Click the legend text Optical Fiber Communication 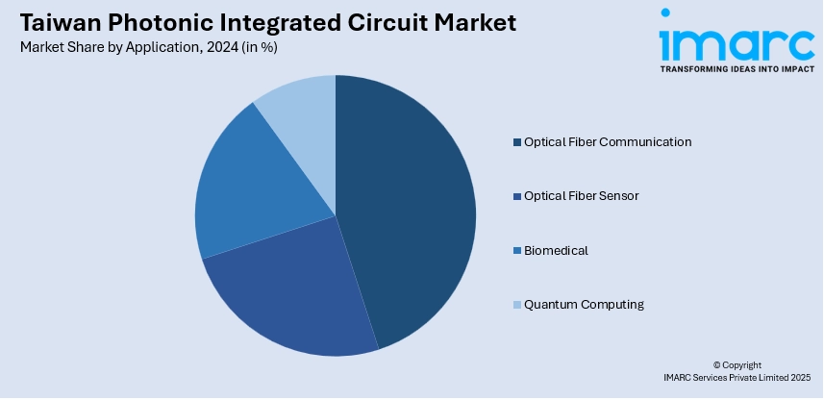coord(608,142)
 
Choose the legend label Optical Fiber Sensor coord(581,196)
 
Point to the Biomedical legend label coord(556,251)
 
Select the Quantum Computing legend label coord(584,305)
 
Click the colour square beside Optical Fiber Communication coord(517,142)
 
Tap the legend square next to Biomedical coord(517,251)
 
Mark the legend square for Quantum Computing coord(517,305)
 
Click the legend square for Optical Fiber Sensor coord(517,196)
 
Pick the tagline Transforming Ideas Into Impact coord(737,69)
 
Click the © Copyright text coord(737,365)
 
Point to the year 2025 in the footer coord(801,377)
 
